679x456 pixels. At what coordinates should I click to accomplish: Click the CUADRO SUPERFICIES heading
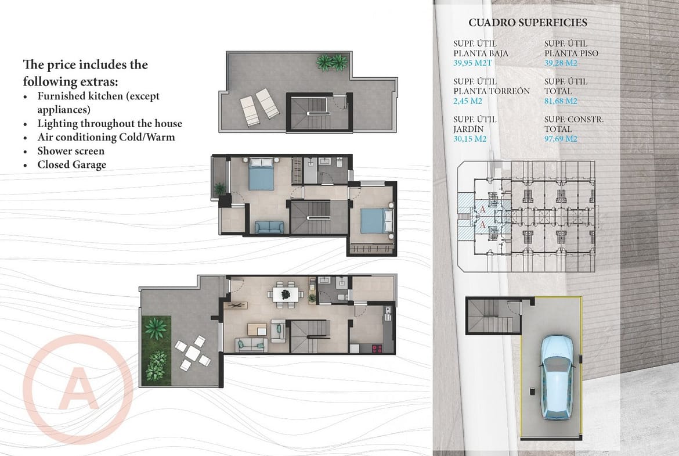(528, 23)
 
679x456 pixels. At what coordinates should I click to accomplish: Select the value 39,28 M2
(561, 63)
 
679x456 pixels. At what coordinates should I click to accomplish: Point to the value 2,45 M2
(468, 101)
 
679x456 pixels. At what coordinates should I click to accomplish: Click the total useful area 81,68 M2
(561, 101)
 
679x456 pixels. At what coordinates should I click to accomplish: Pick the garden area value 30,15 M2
(470, 139)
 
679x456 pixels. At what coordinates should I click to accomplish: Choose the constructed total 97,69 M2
(561, 139)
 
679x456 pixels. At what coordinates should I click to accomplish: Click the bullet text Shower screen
(71, 151)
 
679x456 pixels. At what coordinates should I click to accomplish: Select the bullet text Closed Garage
(71, 165)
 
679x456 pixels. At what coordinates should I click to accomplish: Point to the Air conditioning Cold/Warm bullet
(106, 137)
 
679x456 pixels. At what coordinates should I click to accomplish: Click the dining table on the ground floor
(286, 294)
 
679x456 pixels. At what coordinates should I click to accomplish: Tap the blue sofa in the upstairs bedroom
(269, 227)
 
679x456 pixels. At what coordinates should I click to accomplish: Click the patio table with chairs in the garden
(193, 353)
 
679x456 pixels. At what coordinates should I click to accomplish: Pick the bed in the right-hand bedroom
(376, 221)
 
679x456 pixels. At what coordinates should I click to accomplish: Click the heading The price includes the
(85, 64)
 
